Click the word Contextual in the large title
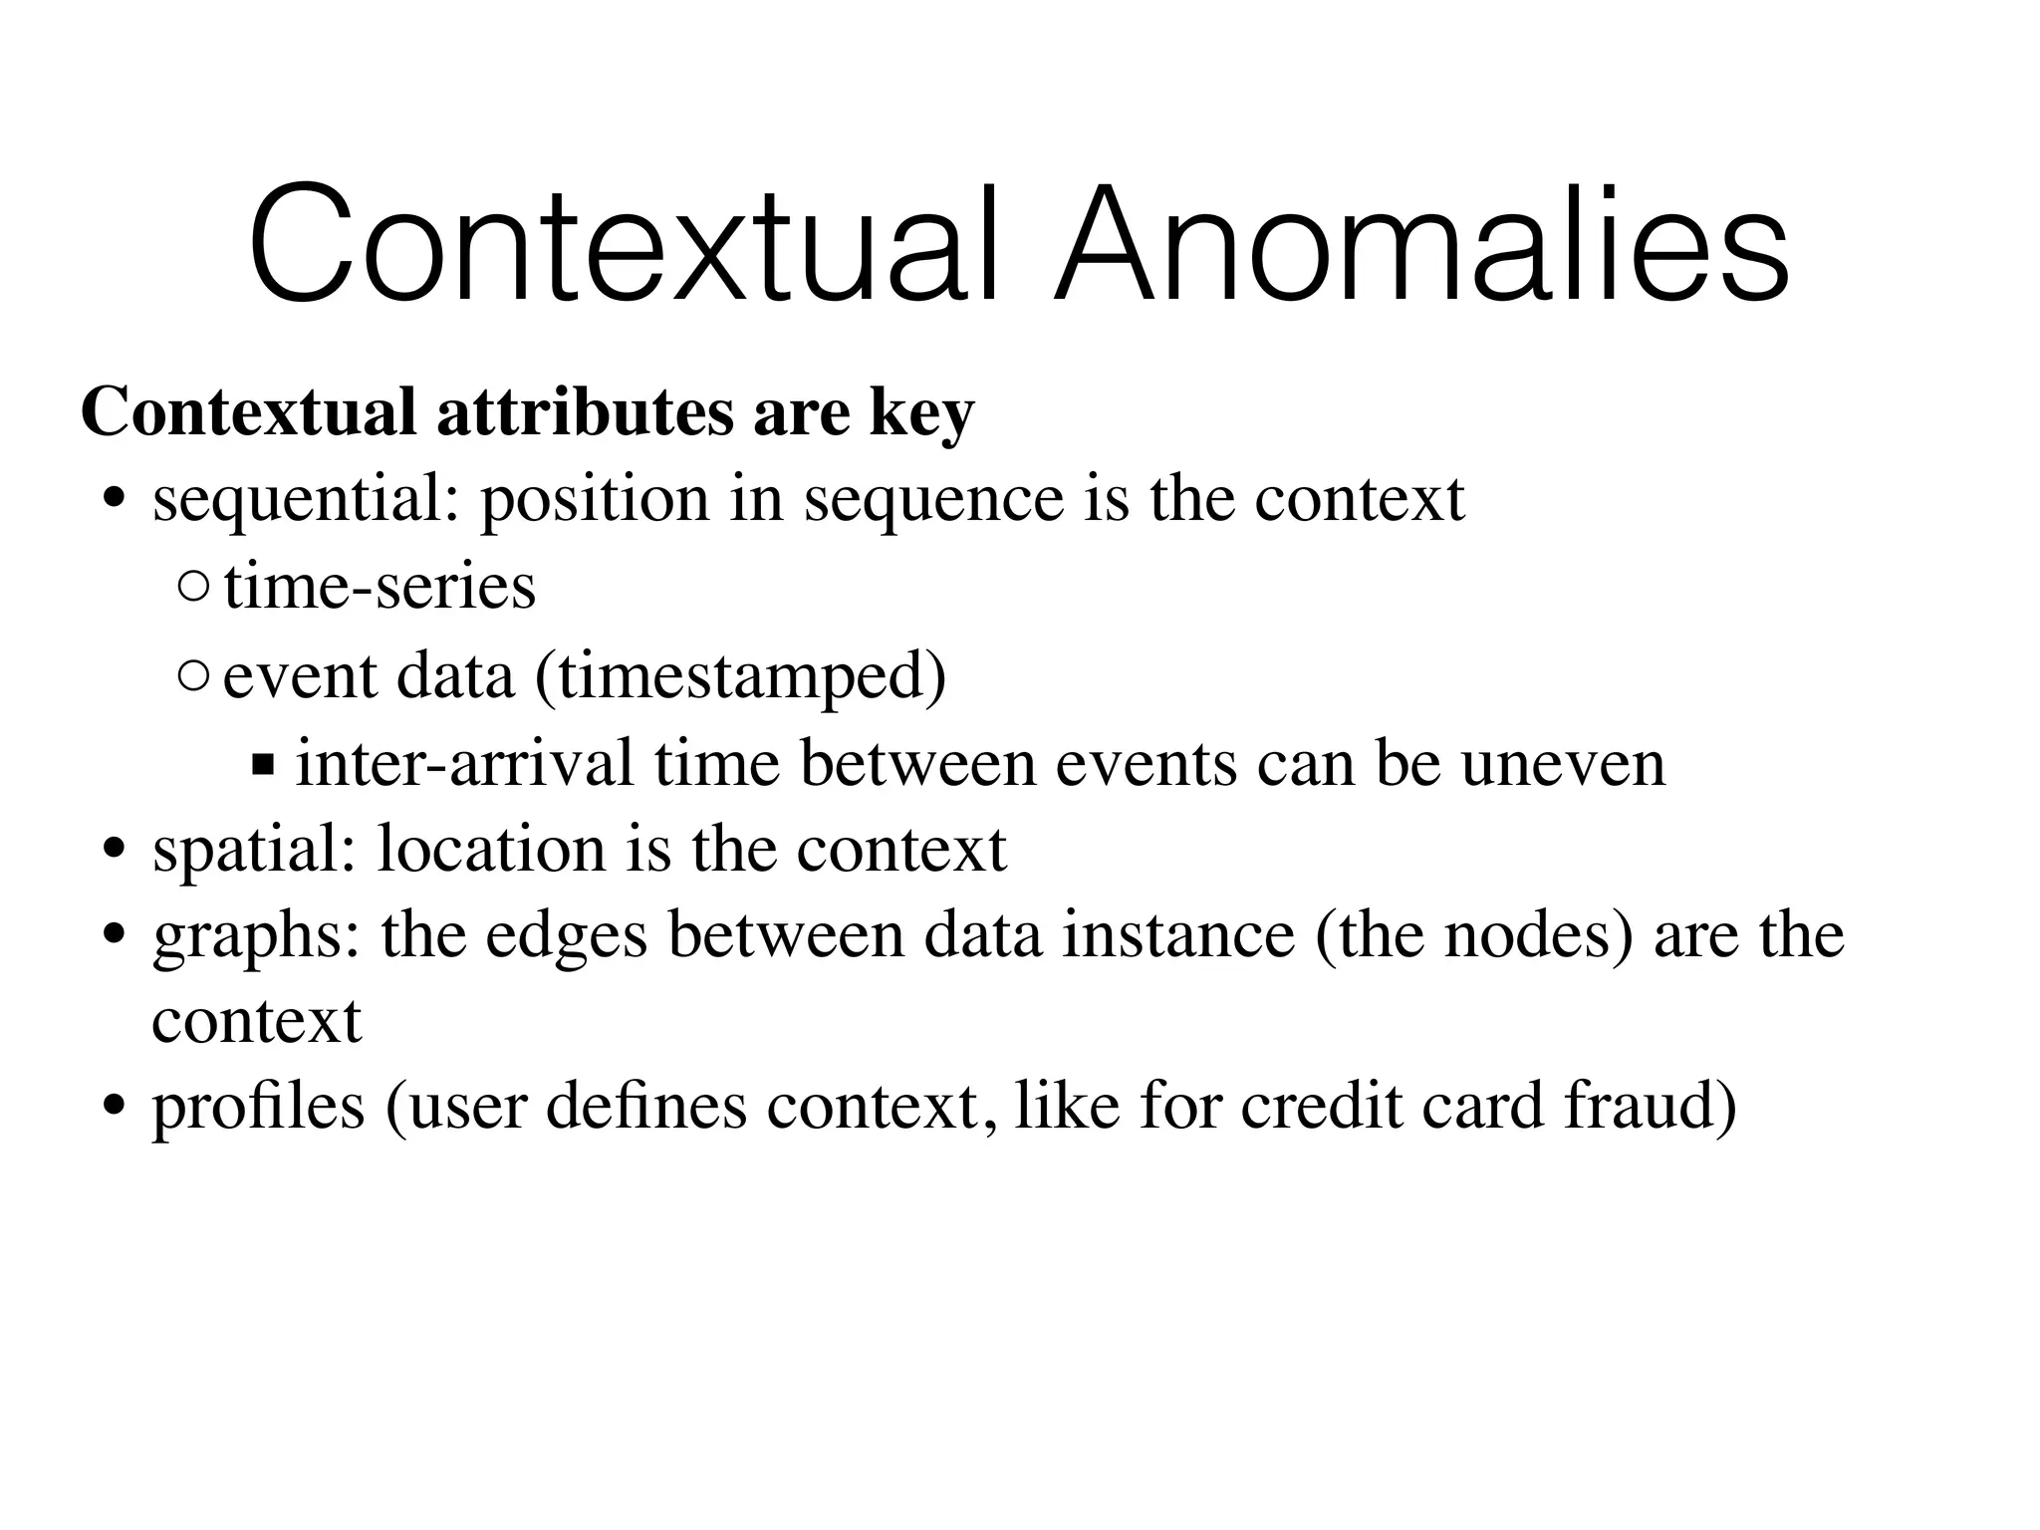tap(623, 247)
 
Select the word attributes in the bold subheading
tap(587, 412)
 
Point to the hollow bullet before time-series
tap(193, 589)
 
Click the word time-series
tap(380, 588)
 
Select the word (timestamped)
tap(740, 677)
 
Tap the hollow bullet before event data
tap(193, 677)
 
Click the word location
tap(491, 850)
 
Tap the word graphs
tap(256, 938)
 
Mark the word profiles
tap(258, 1108)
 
